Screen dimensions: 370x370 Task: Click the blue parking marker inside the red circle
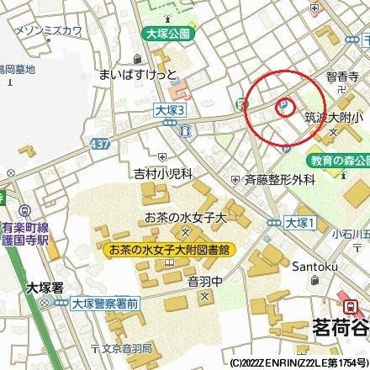(x=284, y=107)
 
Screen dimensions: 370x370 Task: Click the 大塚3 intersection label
(x=168, y=110)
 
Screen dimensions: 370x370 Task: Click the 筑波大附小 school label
(x=335, y=119)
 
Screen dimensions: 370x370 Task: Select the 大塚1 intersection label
(x=298, y=223)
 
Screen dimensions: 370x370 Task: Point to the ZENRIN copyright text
(x=298, y=363)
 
